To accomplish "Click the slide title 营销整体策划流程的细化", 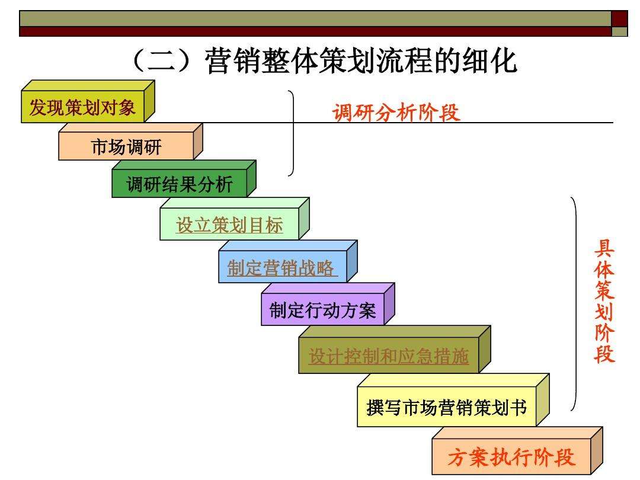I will tap(361, 62).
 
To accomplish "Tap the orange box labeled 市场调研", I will tap(126, 147).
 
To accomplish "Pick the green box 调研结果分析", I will tap(180, 185).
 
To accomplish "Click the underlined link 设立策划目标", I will tap(229, 226).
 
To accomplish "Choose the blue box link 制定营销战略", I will tap(282, 268).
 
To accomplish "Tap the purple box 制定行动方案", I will tap(322, 311).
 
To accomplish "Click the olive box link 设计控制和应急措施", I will tap(389, 357).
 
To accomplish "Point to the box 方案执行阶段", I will tap(511, 458).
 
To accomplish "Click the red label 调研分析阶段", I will tap(396, 113).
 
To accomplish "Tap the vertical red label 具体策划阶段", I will tap(604, 301).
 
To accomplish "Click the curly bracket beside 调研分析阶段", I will tap(292, 133).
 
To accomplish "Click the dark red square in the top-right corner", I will tap(619, 18).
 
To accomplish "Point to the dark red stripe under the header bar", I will tap(314, 31).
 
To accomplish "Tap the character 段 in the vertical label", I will tap(604, 354).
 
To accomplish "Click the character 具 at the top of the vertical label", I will tap(604, 249).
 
